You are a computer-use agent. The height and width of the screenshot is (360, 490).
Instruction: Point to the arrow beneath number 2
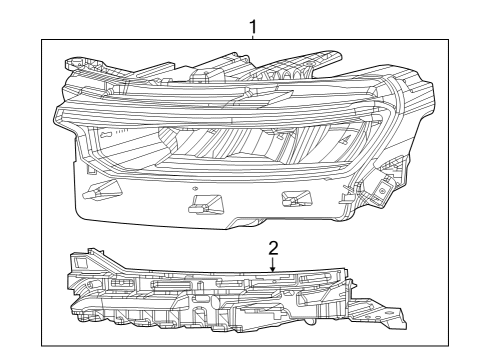pos(272,266)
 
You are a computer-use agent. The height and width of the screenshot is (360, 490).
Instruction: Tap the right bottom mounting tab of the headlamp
pos(295,198)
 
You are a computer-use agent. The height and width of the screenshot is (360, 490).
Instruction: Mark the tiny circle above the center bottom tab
pos(196,188)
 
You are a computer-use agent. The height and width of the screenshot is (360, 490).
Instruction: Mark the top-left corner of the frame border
pos(42,38)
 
